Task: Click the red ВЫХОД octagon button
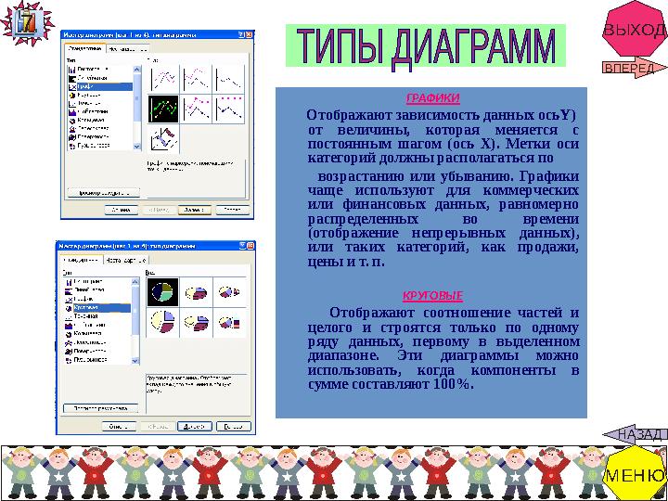pos(634,30)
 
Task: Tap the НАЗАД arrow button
pos(637,433)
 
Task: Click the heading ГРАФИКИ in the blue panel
pos(433,98)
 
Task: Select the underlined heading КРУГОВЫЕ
pos(432,295)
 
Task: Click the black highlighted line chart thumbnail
pos(164,109)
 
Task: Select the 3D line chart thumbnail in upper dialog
pos(164,138)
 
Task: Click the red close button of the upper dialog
pos(249,35)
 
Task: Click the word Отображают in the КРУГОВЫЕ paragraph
pos(370,313)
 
